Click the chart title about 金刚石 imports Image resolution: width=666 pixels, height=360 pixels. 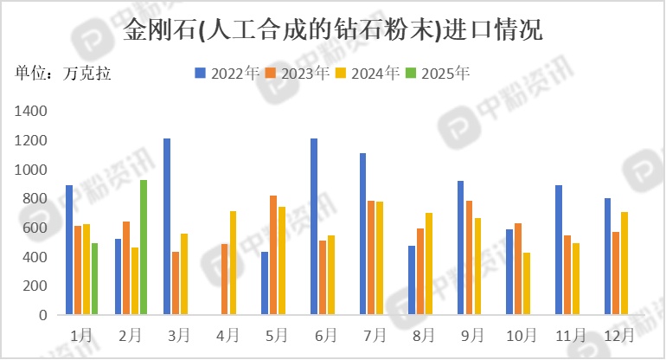point(333,31)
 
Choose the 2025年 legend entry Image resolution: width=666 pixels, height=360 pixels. point(438,73)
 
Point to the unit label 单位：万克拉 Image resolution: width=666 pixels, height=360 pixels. point(63,73)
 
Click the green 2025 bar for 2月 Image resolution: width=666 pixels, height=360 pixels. point(144,247)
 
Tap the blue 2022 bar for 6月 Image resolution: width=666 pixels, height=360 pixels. point(314,227)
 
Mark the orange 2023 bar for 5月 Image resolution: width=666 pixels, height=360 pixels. point(273,255)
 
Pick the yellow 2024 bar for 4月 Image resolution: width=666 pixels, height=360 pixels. point(233,263)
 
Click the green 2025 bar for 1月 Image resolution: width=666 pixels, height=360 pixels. point(94,279)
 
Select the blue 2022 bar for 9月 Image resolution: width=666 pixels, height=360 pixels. point(460,247)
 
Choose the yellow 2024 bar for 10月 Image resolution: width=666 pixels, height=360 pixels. point(527,284)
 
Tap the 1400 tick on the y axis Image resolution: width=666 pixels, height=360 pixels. point(33,112)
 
